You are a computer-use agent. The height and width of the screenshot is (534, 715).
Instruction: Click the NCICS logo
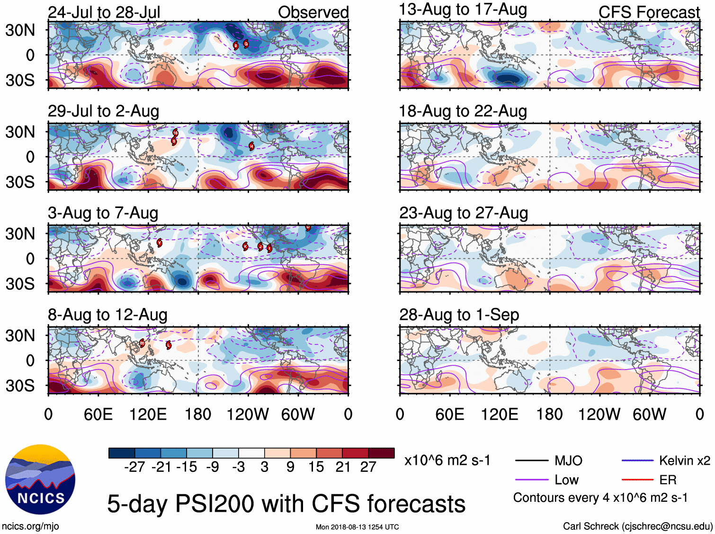click(40, 479)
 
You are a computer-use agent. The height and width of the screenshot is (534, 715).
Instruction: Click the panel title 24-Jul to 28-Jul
click(104, 12)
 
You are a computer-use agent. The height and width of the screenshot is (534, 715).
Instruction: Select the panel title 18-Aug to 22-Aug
click(463, 111)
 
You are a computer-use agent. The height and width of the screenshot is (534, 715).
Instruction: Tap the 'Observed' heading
click(313, 12)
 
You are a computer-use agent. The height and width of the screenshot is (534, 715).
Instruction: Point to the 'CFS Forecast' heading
click(649, 12)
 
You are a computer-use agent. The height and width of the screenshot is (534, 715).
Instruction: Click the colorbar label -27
click(134, 467)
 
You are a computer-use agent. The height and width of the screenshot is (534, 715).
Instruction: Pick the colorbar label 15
click(316, 467)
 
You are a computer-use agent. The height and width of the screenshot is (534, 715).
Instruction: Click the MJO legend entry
click(568, 461)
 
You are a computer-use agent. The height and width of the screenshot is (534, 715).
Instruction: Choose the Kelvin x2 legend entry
click(684, 461)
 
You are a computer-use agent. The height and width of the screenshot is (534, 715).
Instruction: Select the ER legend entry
click(668, 480)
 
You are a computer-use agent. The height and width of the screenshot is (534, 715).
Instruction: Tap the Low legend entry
click(566, 480)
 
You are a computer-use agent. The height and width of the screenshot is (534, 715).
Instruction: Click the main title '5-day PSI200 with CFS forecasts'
click(286, 504)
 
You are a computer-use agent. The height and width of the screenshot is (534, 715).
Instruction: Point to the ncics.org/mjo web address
click(30, 526)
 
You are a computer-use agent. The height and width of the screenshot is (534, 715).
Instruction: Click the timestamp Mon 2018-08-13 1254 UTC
click(357, 527)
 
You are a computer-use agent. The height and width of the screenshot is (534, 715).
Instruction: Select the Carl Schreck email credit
click(637, 526)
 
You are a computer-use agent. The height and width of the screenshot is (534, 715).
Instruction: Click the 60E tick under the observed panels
click(98, 415)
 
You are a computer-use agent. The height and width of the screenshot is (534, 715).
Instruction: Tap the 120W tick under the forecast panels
click(599, 415)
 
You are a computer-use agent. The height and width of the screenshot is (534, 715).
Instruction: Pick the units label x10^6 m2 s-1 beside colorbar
click(447, 461)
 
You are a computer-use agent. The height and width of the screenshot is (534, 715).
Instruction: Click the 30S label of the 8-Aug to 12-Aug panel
click(20, 386)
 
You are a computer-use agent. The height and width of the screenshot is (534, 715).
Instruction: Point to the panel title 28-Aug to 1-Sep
click(459, 315)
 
